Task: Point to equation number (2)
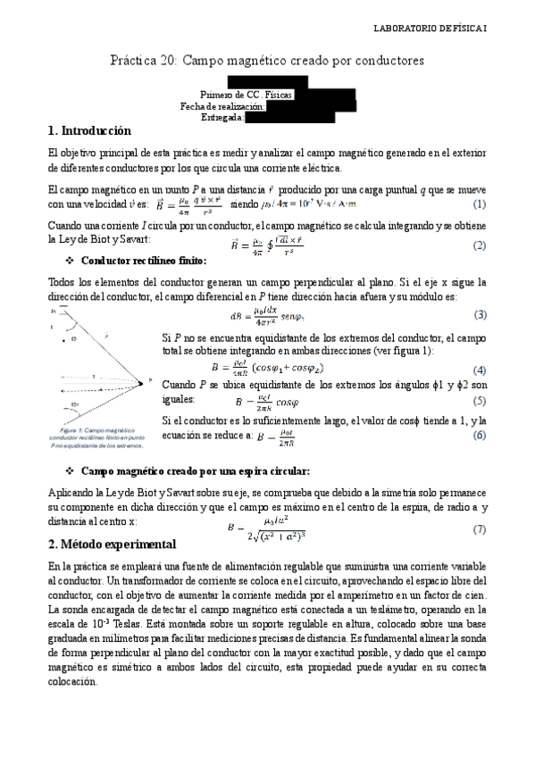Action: pyautogui.click(x=480, y=245)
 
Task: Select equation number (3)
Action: pyautogui.click(x=480, y=314)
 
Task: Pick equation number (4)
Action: pyautogui.click(x=480, y=370)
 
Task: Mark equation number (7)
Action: pyautogui.click(x=480, y=529)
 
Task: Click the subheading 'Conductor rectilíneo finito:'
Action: pyautogui.click(x=144, y=261)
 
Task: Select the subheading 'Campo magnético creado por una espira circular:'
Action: pyautogui.click(x=195, y=470)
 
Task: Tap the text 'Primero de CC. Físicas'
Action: pyautogui.click(x=246, y=94)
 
